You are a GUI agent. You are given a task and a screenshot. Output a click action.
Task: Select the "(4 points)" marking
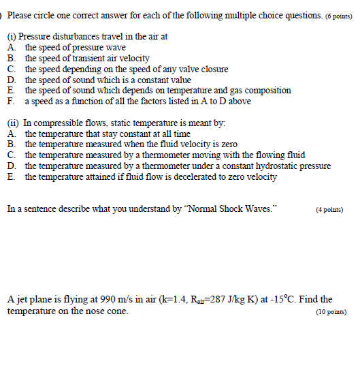pos(329,210)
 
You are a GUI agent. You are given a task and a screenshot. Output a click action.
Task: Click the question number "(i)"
pos(12,37)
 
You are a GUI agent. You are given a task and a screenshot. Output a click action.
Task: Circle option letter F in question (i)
pos(12,102)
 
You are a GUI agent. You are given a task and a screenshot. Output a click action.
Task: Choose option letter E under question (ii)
pos(12,176)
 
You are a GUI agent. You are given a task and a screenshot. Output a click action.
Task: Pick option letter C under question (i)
pos(12,69)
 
